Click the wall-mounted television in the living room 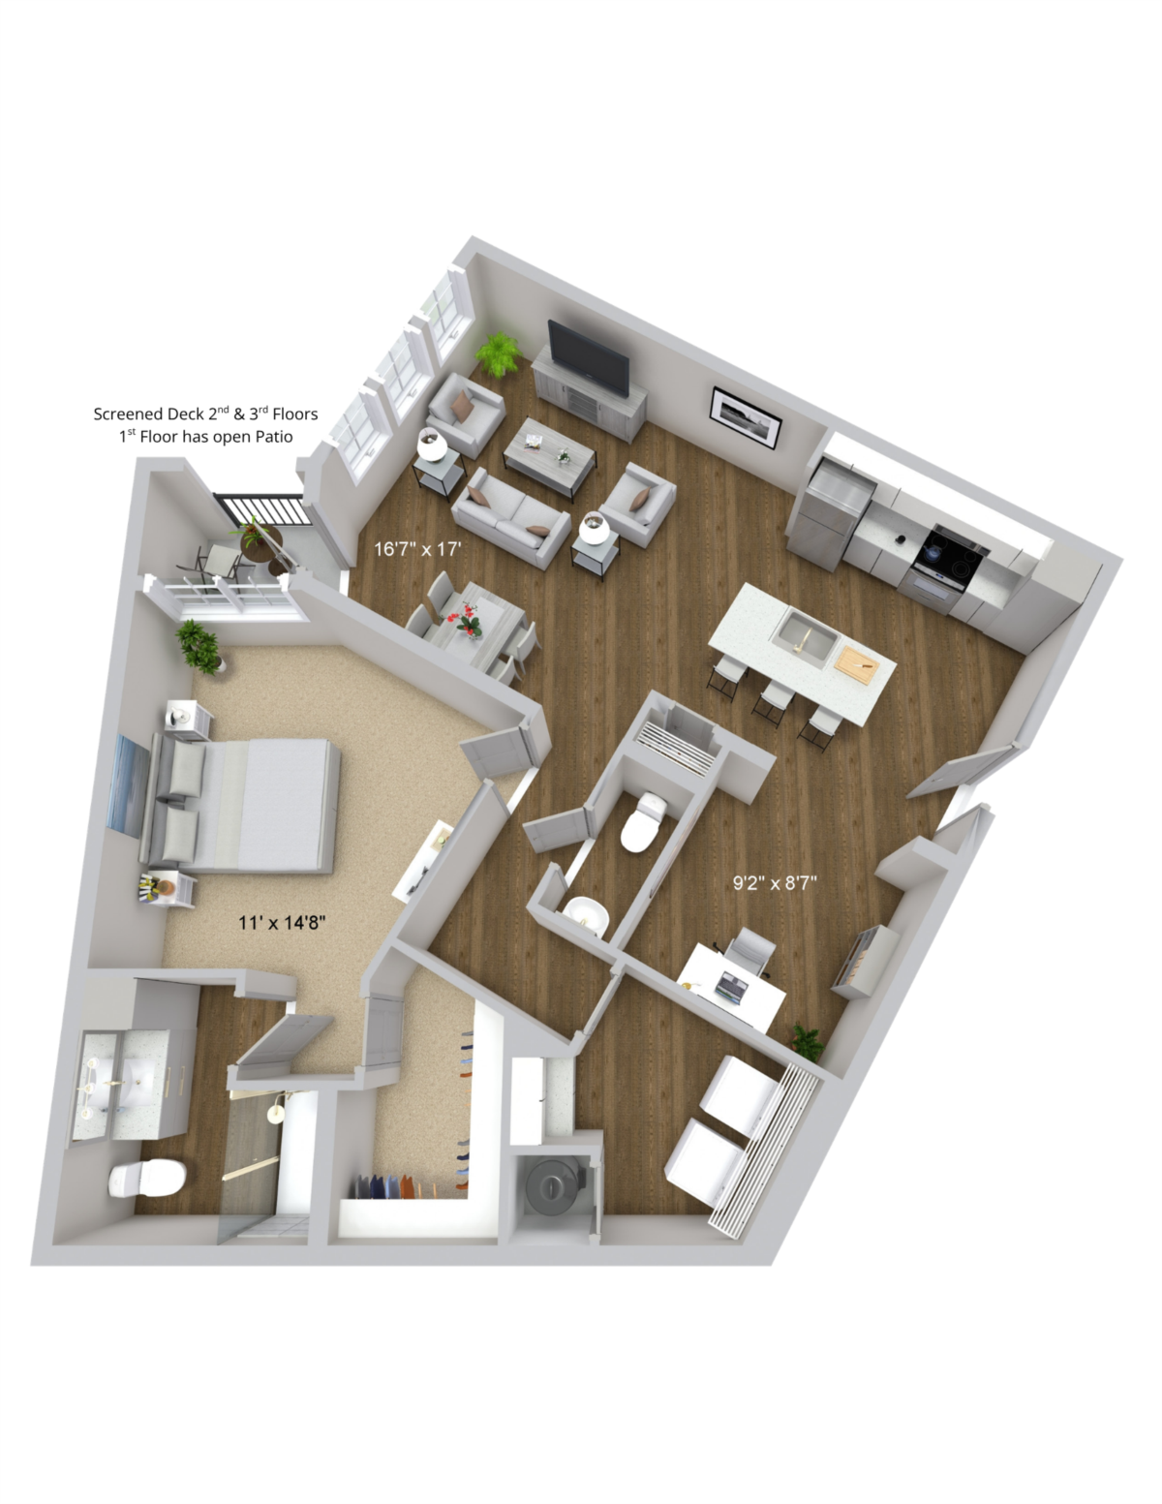coord(588,357)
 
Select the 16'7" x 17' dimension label coord(417,549)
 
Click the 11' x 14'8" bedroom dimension coord(282,923)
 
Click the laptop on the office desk coord(731,986)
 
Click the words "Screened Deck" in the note coord(149,414)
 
